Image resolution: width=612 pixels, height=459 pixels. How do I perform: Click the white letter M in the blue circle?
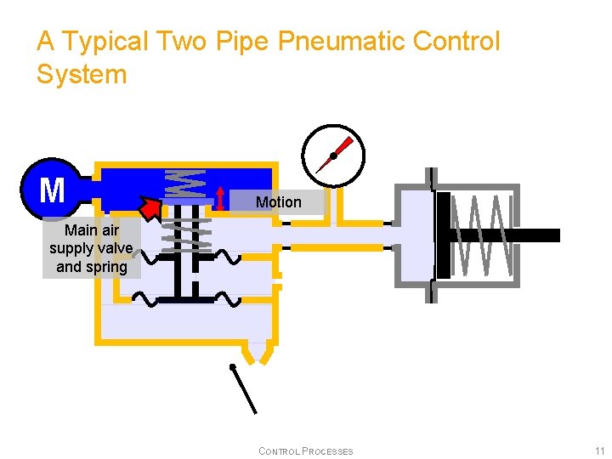[x=52, y=190]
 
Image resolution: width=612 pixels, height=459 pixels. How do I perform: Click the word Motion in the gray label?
[x=278, y=202]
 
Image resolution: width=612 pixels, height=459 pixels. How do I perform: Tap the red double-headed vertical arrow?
[x=221, y=197]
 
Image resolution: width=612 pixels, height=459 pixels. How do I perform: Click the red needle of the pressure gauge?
[x=343, y=144]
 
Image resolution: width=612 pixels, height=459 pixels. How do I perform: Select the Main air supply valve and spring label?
[x=91, y=248]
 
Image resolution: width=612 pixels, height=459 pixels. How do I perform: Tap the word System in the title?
[x=82, y=74]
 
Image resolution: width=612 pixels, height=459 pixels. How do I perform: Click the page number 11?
[x=599, y=450]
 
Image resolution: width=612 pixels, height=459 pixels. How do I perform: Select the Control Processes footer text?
[x=305, y=451]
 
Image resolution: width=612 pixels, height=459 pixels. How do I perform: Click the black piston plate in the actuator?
[x=443, y=235]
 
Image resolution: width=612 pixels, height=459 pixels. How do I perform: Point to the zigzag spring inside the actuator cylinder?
[x=482, y=235]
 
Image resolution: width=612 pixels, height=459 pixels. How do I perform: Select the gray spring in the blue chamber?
[x=185, y=183]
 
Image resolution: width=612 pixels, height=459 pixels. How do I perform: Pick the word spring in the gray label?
[x=108, y=267]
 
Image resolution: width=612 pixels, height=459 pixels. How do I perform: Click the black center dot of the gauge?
[x=334, y=156]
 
